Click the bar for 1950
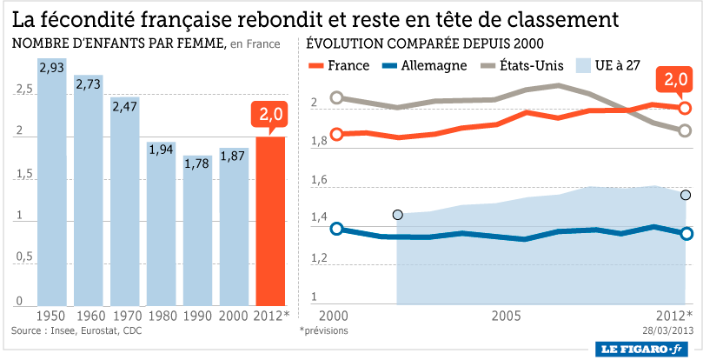pyautogui.click(x=51, y=183)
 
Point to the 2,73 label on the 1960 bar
pyautogui.click(x=88, y=84)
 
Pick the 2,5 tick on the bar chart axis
pyautogui.click(x=23, y=90)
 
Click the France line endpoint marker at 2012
pyautogui.click(x=685, y=108)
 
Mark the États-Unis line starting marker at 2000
pyautogui.click(x=337, y=97)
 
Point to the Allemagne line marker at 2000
pyautogui.click(x=337, y=229)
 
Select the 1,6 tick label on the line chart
pyautogui.click(x=318, y=180)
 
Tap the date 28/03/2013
pyautogui.click(x=667, y=330)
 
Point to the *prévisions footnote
pyautogui.click(x=324, y=330)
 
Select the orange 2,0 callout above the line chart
pyautogui.click(x=675, y=80)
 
